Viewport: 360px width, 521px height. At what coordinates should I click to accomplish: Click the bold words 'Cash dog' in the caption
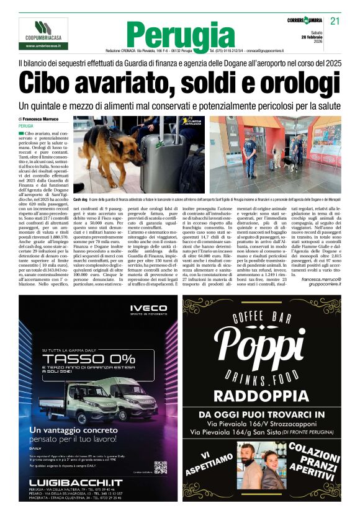tap(81, 200)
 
